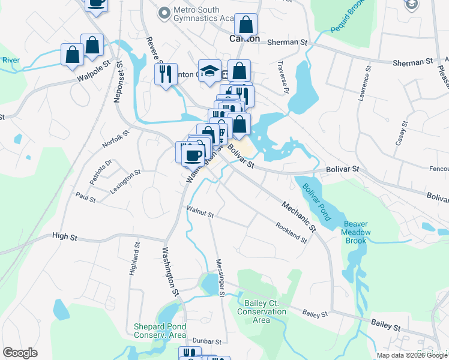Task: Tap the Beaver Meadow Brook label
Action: (355, 232)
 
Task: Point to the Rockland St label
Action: (291, 233)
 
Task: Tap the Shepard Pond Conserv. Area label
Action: (160, 331)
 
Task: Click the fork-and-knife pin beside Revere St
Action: (166, 74)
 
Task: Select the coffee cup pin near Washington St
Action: (193, 155)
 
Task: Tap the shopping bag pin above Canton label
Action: (246, 25)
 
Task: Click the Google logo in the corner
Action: (20, 353)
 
